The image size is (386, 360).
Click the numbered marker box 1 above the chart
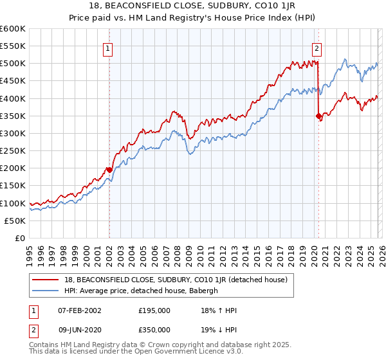point(109,48)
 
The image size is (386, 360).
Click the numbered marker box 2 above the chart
point(317,48)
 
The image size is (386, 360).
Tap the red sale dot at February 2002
point(109,170)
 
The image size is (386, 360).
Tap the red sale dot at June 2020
point(318,116)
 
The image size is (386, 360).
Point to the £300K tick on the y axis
point(14,134)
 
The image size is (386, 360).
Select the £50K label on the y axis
point(15,221)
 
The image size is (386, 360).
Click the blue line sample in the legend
point(46,290)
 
